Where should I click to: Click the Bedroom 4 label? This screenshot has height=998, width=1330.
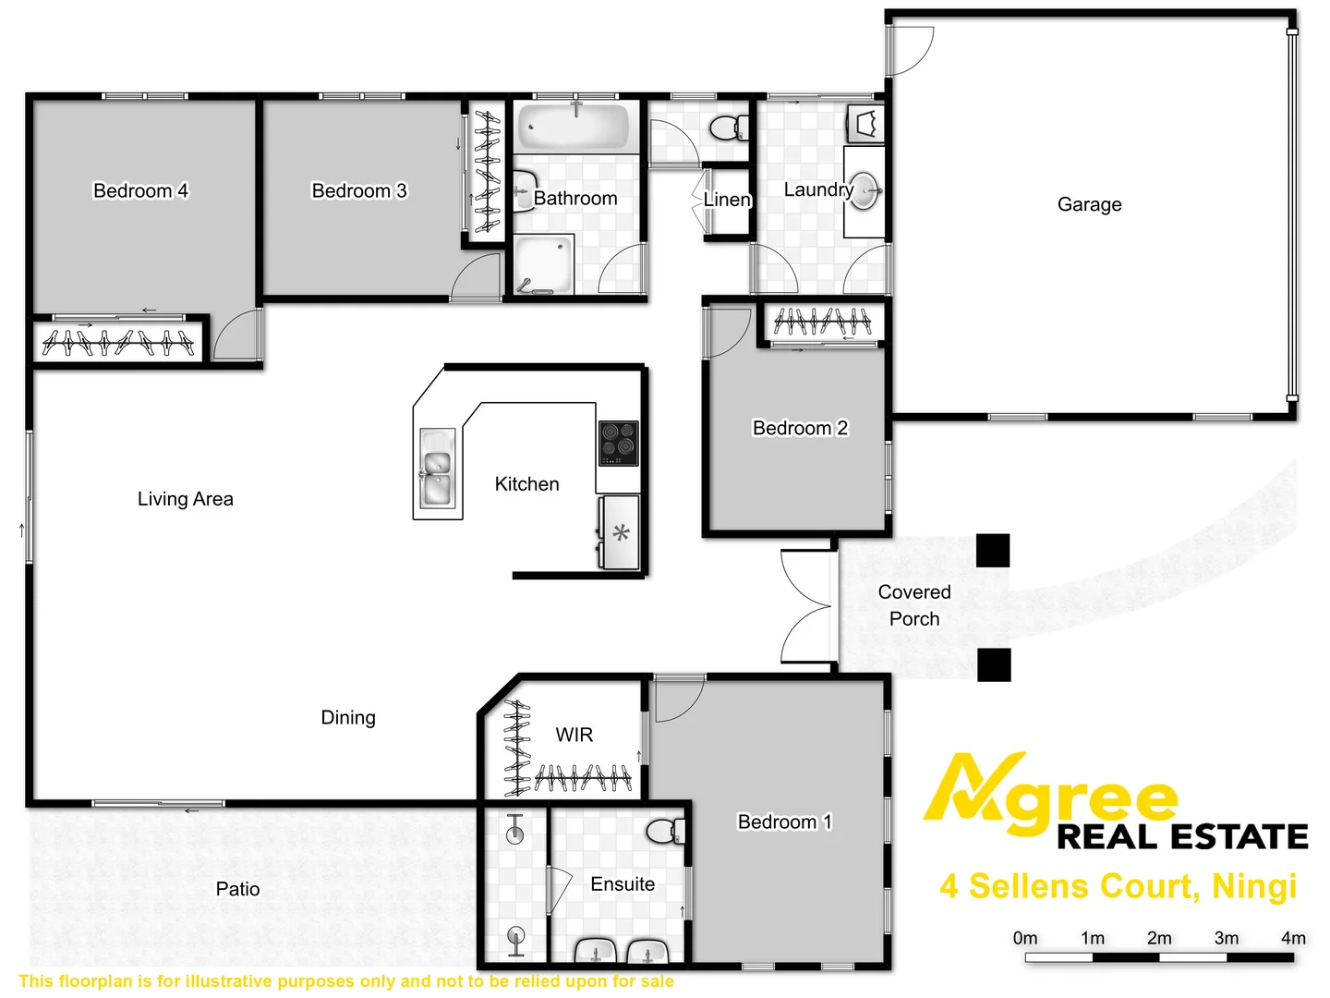(x=140, y=190)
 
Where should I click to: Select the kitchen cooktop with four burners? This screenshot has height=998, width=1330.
(x=618, y=443)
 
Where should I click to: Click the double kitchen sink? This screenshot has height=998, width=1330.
(x=436, y=473)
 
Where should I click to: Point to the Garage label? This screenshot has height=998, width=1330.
(x=1089, y=204)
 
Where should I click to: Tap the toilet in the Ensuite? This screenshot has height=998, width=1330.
(x=665, y=830)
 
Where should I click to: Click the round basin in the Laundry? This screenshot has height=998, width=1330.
(x=864, y=191)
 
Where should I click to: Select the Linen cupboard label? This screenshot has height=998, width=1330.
(x=727, y=200)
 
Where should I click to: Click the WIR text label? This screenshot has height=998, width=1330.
(x=574, y=735)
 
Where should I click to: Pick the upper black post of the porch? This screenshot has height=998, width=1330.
(x=993, y=551)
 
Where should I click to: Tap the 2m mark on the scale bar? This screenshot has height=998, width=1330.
(x=1159, y=938)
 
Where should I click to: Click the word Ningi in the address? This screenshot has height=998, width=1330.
(x=1254, y=886)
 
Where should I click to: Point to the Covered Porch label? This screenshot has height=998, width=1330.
(x=913, y=605)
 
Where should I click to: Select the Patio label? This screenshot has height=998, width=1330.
(x=237, y=889)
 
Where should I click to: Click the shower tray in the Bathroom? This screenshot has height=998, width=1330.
(x=544, y=264)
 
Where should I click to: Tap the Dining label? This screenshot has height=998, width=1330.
(x=348, y=717)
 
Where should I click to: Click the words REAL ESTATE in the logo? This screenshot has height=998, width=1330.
(x=1182, y=836)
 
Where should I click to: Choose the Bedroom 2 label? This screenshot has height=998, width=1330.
(x=800, y=428)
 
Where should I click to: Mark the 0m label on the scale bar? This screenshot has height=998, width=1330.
(x=1025, y=938)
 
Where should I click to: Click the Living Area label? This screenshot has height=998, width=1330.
(x=186, y=499)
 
